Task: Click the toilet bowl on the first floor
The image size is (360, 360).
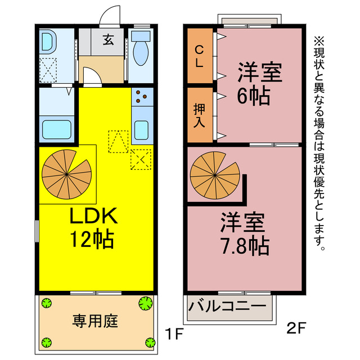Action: (x=141, y=53)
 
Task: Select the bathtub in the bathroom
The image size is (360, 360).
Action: (x=57, y=129)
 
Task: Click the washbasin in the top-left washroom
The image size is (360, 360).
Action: (x=48, y=41)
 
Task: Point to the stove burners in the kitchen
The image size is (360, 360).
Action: (x=141, y=96)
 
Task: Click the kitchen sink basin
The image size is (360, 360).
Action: (x=141, y=130)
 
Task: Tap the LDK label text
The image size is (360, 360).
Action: (x=94, y=215)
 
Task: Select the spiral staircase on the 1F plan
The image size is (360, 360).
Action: (x=66, y=174)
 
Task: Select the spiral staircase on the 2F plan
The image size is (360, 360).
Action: (x=215, y=175)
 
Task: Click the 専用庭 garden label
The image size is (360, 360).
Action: (x=95, y=321)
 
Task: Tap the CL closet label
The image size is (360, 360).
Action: (x=199, y=56)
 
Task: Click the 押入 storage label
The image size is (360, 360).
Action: (x=199, y=115)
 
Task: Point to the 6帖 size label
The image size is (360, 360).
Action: (x=253, y=96)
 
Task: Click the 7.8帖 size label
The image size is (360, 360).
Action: (x=245, y=246)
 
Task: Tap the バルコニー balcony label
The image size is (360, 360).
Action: (x=227, y=306)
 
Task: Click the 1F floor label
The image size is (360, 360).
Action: (x=175, y=334)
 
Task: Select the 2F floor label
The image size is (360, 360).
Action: (x=296, y=328)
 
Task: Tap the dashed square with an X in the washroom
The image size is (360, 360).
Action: (x=48, y=70)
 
